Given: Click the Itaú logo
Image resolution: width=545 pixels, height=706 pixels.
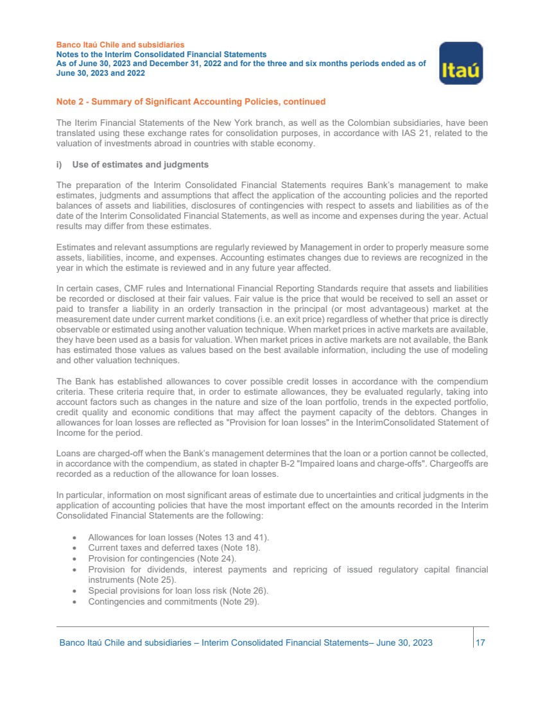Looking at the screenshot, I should point(460,63).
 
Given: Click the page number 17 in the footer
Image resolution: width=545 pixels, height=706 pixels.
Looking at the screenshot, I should point(480,642).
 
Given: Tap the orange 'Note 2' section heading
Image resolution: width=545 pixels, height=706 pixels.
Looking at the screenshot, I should point(191,101).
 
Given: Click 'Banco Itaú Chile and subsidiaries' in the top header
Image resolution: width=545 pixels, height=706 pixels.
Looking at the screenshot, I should point(121,45).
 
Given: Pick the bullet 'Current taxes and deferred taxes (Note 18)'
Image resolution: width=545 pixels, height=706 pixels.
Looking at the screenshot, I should point(173,547).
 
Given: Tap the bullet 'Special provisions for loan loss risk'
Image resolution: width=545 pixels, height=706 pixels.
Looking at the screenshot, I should point(178,590).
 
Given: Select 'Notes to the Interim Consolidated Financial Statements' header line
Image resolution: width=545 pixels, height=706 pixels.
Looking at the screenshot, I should point(161,55).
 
